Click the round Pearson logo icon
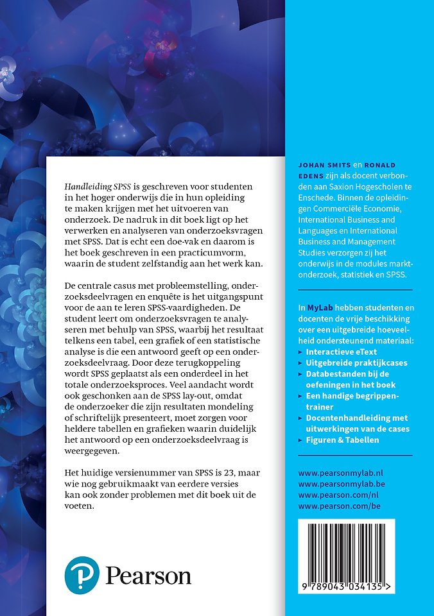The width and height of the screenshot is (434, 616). (82, 574)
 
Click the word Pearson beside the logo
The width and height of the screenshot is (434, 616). (148, 575)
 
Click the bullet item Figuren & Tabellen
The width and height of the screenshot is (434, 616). (342, 440)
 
